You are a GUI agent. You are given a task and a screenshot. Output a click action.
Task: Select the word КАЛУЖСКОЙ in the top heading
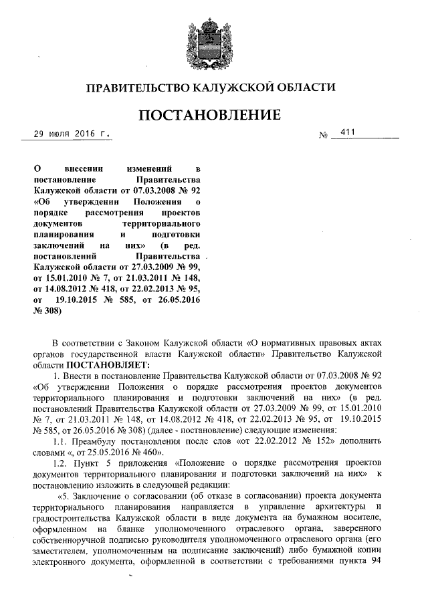227,87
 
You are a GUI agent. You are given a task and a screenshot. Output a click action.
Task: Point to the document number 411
347,133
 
